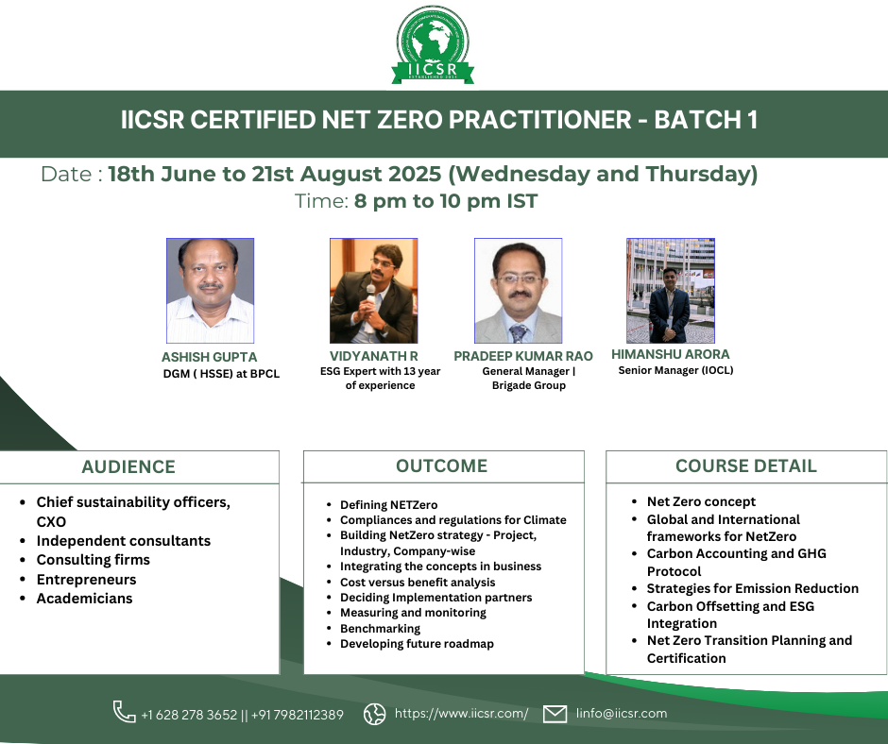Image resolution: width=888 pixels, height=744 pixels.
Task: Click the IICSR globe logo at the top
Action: pos(433,45)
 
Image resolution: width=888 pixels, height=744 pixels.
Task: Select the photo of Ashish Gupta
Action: pos(210,291)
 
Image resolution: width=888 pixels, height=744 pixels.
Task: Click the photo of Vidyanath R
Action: pos(374,291)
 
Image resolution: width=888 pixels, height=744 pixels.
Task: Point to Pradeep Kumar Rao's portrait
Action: pos(519,291)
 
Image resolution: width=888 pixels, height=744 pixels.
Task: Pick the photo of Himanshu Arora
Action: pos(671,291)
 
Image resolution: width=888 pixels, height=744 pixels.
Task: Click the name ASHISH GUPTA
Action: pos(210,357)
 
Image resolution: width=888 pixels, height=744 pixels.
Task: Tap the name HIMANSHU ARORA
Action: pos(671,354)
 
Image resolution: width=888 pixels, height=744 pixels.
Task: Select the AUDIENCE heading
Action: pos(128,467)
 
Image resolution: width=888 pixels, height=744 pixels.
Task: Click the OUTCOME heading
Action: pos(442,466)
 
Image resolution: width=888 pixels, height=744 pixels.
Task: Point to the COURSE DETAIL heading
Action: pos(746,466)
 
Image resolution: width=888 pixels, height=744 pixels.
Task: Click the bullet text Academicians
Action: pos(84,599)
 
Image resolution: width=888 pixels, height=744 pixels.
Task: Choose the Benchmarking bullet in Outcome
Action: pos(380,629)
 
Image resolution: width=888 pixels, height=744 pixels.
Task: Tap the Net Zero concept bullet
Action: pos(701,501)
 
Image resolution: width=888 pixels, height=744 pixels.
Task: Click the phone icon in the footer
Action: pos(124,712)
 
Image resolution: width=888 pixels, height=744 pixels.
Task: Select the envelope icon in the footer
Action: pos(555,714)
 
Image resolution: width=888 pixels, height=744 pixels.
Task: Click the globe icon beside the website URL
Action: pos(374,714)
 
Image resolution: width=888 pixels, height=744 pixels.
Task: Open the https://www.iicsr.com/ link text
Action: pos(462,714)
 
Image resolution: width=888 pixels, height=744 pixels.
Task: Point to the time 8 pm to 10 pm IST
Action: pos(446,201)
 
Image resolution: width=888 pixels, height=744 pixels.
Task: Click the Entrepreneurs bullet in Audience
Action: pos(87,580)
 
